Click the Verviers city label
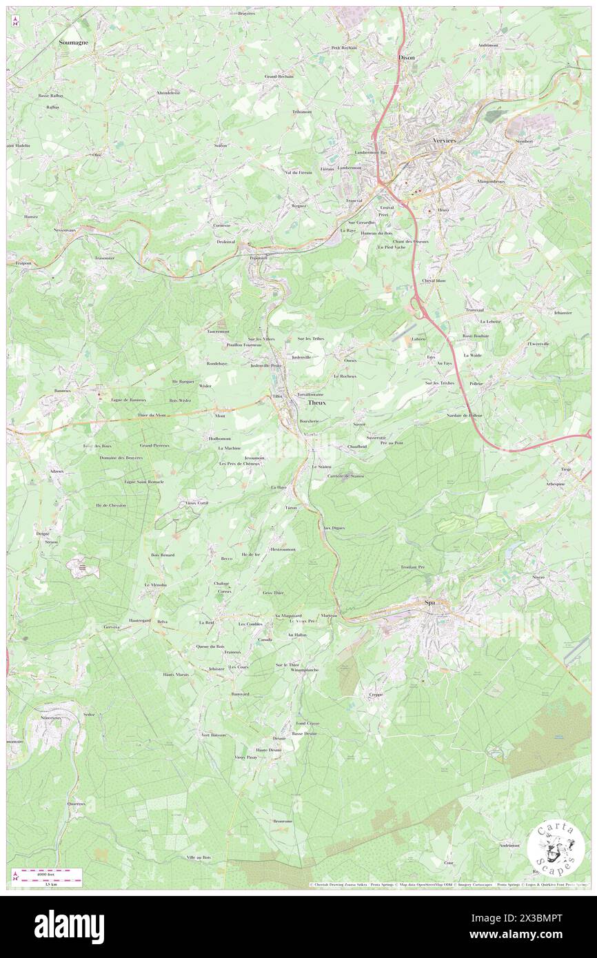point(445,140)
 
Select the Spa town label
point(430,602)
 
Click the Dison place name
point(407,58)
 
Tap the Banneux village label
point(63,390)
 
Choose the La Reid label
point(206,622)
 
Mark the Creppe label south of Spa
point(376,695)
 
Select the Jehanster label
point(563,312)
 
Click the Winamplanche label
point(304,669)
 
